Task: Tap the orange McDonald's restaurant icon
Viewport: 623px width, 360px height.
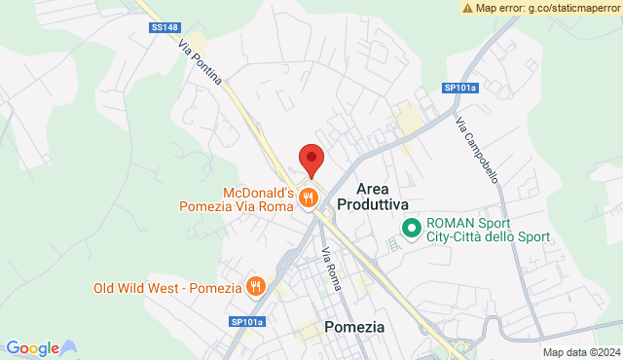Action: coord(309,198)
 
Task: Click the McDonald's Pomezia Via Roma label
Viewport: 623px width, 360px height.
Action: coord(238,198)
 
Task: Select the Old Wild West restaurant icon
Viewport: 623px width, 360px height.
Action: coord(255,286)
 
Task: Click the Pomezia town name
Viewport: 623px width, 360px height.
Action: coord(354,327)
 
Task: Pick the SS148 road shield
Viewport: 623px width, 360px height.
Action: coord(164,28)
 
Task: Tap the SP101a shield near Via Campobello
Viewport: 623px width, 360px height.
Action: coord(460,88)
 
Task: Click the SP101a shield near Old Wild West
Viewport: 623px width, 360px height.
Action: coord(247,322)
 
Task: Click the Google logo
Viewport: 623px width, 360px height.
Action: coord(32,348)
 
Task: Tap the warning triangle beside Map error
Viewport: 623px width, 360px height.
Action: coord(468,8)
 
